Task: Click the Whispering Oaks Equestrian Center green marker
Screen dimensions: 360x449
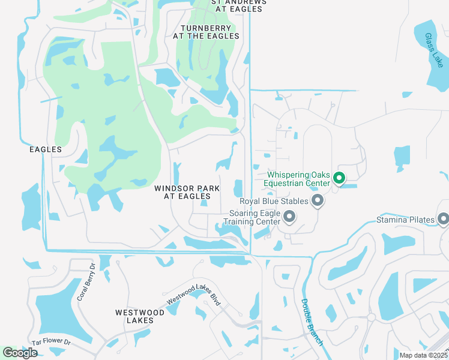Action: point(339,178)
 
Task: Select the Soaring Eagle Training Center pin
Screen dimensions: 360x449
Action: point(289,216)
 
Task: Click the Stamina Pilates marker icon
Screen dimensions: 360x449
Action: point(443,220)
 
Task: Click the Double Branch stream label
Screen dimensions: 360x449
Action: point(312,322)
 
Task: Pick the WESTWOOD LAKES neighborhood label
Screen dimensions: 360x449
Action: point(140,316)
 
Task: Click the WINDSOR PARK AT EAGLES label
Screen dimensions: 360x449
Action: point(187,192)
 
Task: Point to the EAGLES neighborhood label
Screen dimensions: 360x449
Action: point(46,149)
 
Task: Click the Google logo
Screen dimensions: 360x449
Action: point(20,353)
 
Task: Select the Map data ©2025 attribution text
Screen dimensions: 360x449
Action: point(424,355)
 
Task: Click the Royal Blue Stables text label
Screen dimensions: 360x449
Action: point(274,202)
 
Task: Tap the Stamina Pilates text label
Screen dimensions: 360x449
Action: point(406,220)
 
